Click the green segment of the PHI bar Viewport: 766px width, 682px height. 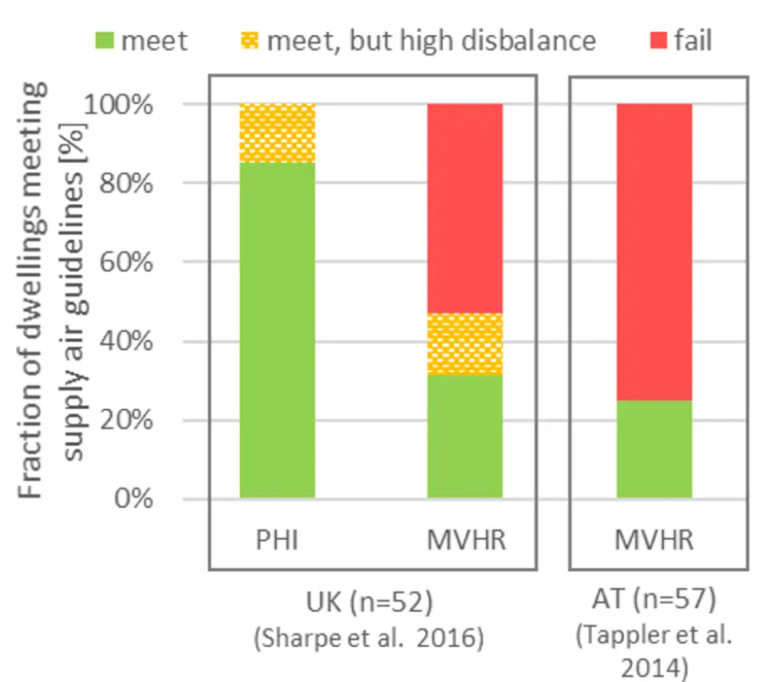click(277, 330)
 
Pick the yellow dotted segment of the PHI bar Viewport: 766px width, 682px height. click(277, 133)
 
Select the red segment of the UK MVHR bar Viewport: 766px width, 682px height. click(465, 208)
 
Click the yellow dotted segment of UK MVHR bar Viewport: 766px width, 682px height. click(465, 344)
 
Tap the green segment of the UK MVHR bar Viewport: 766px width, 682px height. click(465, 436)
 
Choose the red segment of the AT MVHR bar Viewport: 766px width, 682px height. click(653, 251)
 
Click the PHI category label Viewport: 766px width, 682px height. click(277, 540)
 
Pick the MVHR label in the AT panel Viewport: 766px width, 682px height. click(653, 540)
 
